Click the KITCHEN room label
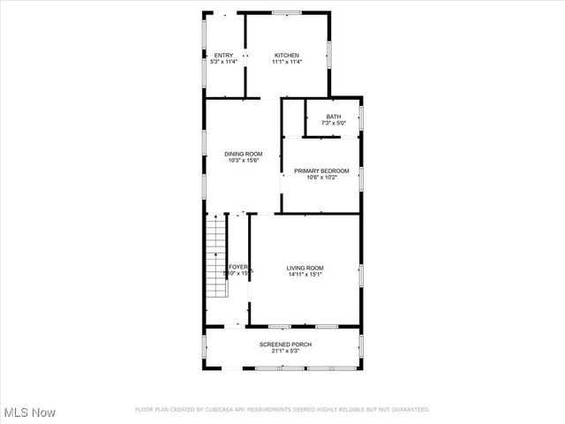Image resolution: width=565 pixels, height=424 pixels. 287,55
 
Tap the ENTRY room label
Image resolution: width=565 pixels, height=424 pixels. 223,55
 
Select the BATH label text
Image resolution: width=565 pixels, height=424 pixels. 333,117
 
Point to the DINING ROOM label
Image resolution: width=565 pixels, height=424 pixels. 243,154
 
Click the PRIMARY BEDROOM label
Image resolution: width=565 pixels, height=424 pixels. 321,170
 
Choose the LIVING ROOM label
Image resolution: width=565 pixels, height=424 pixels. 305,268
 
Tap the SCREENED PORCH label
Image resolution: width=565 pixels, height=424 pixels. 285,344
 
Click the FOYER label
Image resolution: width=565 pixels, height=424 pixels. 238,267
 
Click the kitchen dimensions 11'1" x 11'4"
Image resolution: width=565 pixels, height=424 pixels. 287,62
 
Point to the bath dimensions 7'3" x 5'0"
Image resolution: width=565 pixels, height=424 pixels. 333,124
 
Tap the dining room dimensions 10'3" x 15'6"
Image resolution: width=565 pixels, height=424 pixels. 243,161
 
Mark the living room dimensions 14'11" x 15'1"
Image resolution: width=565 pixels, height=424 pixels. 305,275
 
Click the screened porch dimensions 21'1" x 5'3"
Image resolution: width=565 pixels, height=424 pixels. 285,352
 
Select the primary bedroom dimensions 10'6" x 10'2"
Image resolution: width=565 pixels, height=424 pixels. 321,178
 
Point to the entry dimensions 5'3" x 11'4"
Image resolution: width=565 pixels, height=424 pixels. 223,62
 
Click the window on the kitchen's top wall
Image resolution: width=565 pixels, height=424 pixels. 286,12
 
